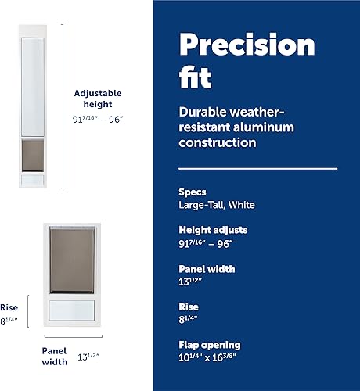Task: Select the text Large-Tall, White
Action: point(217,205)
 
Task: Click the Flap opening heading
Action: point(210,345)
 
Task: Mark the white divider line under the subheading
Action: point(257,168)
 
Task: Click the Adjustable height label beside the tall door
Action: point(98,99)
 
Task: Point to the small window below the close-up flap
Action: point(72,308)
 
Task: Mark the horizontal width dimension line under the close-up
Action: point(72,338)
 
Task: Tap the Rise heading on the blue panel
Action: point(189,307)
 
